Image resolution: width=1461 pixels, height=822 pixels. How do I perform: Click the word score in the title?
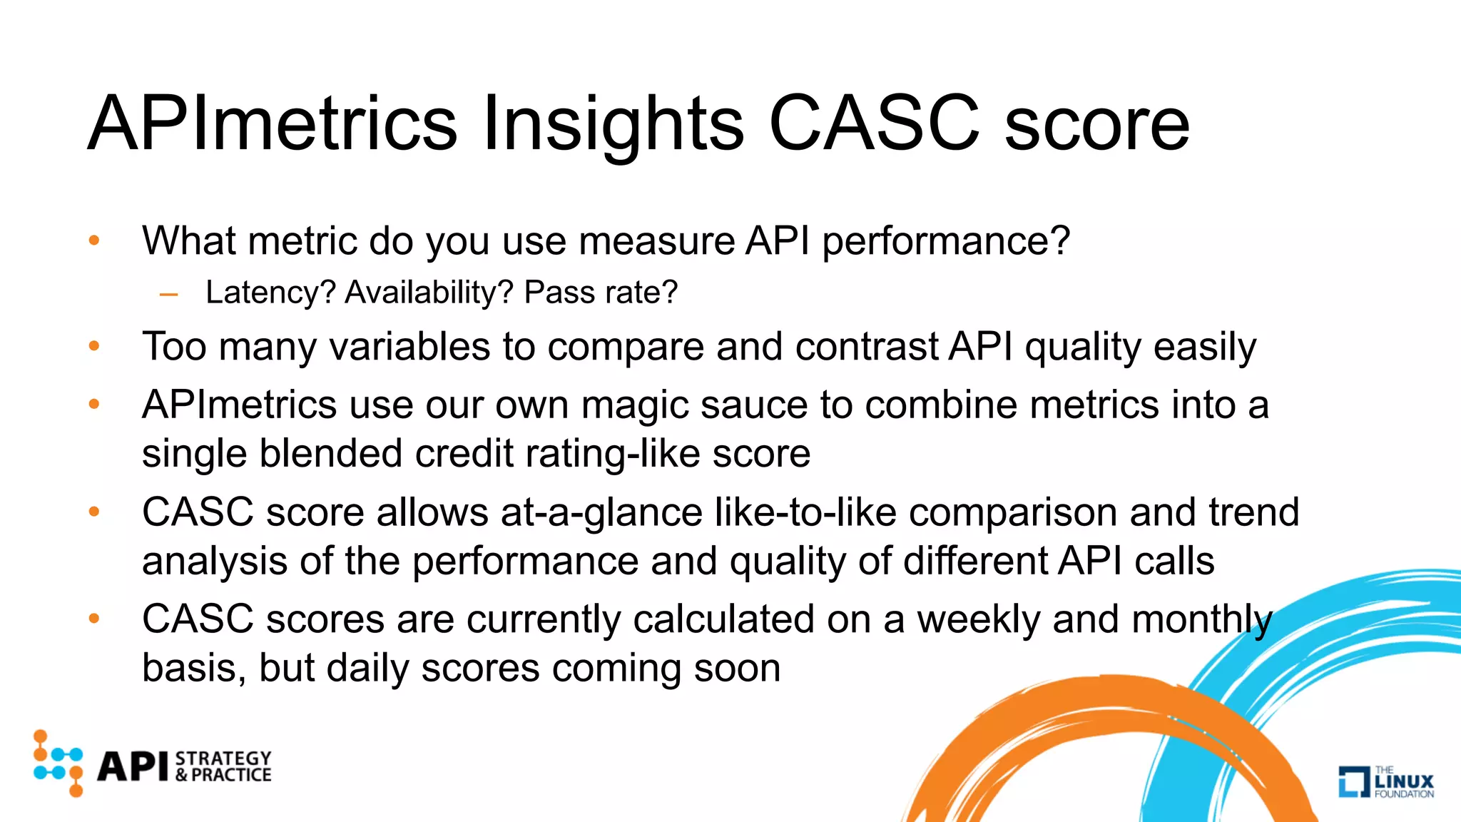[x=1097, y=125]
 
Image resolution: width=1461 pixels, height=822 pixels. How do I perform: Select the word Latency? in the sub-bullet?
[x=270, y=293]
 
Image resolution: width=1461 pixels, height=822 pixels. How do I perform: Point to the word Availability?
[x=429, y=293]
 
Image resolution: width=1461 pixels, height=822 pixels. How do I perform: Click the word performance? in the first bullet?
[x=946, y=241]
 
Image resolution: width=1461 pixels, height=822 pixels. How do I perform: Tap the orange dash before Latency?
[x=169, y=293]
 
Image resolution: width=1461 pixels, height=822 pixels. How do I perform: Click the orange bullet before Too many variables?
[x=93, y=346]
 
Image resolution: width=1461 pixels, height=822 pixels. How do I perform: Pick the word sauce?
[x=754, y=405]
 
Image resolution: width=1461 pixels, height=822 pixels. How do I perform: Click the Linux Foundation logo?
[x=1385, y=781]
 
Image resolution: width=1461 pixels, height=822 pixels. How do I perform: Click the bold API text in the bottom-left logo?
[x=133, y=766]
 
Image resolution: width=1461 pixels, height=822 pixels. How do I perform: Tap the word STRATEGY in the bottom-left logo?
[x=223, y=758]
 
